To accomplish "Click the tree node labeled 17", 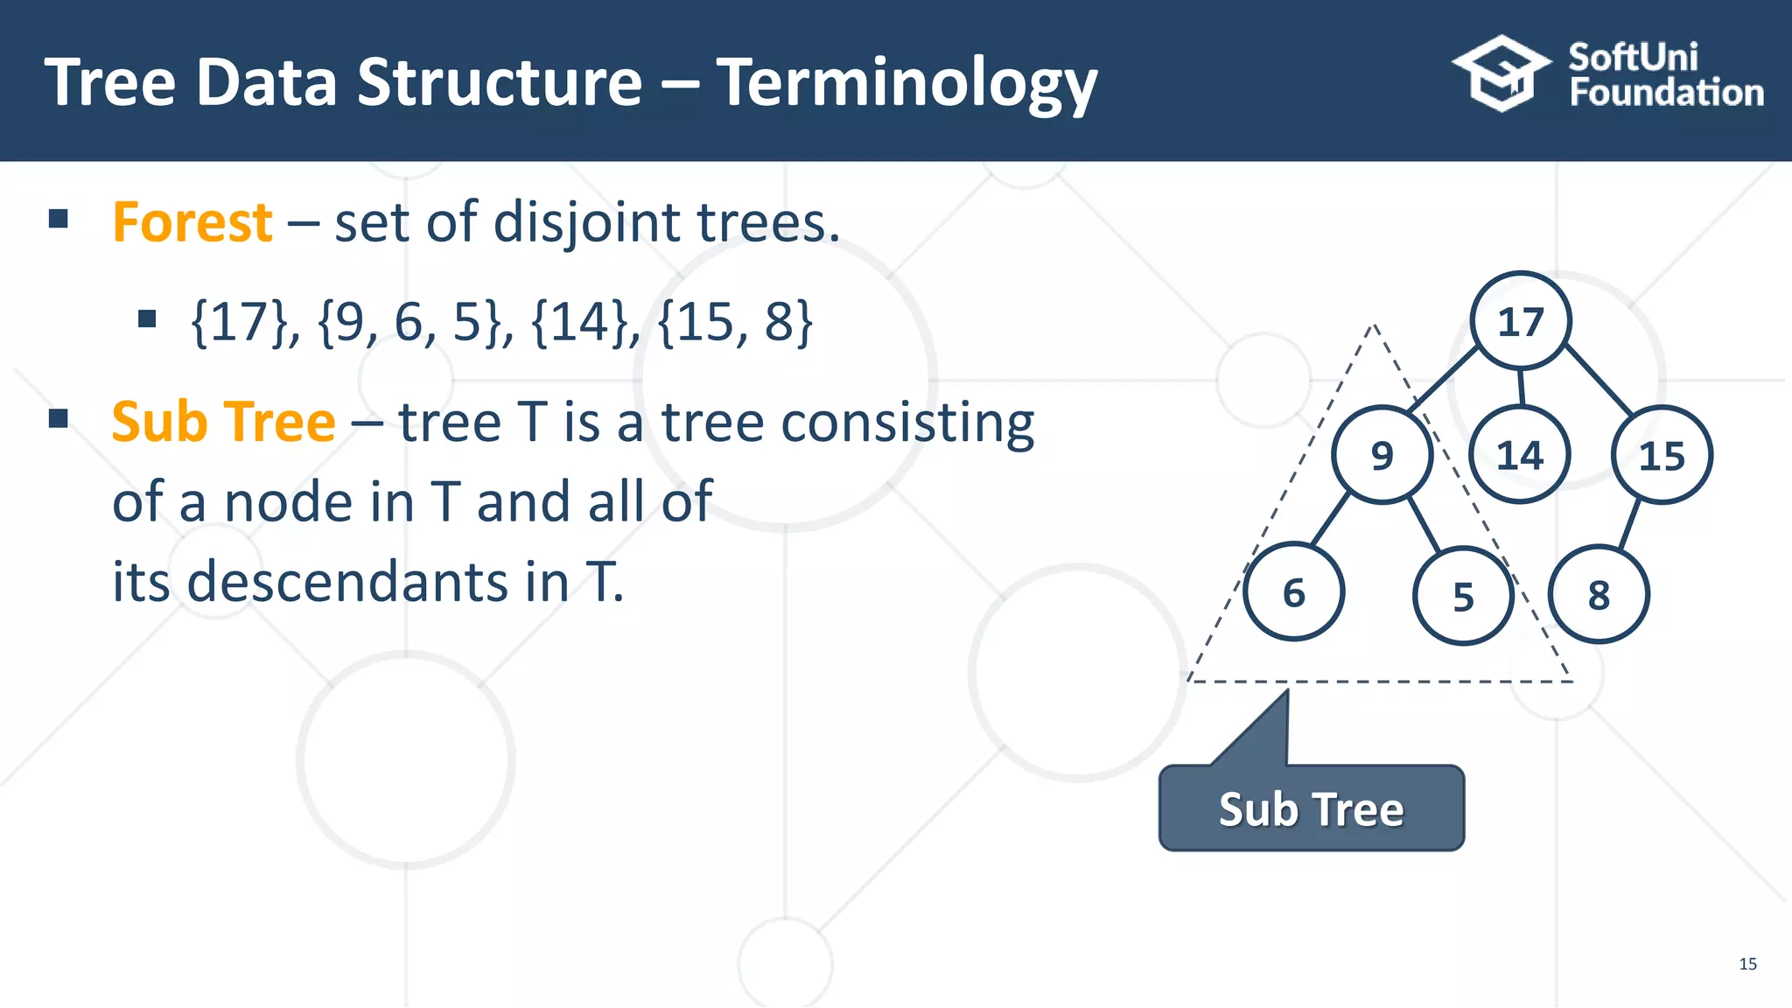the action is pyautogui.click(x=1521, y=321).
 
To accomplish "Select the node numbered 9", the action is pyautogui.click(x=1382, y=454).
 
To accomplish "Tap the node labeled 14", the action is pyautogui.click(x=1520, y=455).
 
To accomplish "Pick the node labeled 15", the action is pyautogui.click(x=1662, y=456).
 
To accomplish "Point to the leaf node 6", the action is pyautogui.click(x=1293, y=592).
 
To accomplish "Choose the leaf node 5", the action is pyautogui.click(x=1463, y=596).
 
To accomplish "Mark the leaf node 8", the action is pyautogui.click(x=1599, y=595).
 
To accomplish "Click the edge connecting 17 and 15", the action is pyautogui.click(x=1598, y=379).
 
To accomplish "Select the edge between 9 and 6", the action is pyautogui.click(x=1330, y=519).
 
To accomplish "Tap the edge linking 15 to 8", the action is pyautogui.click(x=1629, y=524).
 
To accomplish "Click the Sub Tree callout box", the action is pyautogui.click(x=1311, y=808).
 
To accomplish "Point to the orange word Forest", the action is pyautogui.click(x=192, y=222).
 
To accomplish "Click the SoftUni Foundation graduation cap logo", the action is pyautogui.click(x=1500, y=73).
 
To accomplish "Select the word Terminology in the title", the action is pyautogui.click(x=906, y=84).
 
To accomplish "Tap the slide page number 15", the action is pyautogui.click(x=1747, y=963).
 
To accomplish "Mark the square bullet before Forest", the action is pyautogui.click(x=59, y=219).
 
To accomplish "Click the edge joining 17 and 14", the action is pyautogui.click(x=1522, y=388).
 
